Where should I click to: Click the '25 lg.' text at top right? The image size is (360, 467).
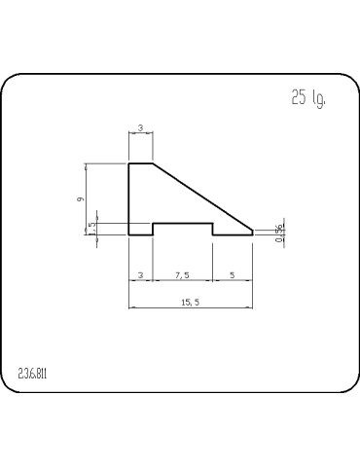tap(307, 98)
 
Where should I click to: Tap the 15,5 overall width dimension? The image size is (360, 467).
tap(190, 303)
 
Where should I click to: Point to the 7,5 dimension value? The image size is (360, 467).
tap(183, 276)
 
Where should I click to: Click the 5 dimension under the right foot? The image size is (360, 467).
tap(233, 276)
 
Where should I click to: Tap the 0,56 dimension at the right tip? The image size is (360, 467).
tap(279, 232)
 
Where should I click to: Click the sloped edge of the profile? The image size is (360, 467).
tap(202, 198)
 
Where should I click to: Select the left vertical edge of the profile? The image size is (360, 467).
tap(129, 199)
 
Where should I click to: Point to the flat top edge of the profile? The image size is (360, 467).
tap(140, 163)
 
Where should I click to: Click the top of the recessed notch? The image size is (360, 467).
tap(183, 224)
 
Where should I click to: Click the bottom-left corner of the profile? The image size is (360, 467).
tap(129, 235)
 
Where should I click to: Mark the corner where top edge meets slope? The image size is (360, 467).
tap(152, 163)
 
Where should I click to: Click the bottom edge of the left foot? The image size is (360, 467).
tap(141, 235)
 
